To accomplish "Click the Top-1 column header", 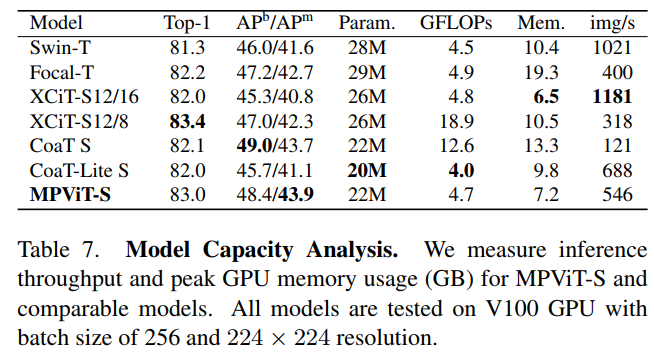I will pyautogui.click(x=187, y=23).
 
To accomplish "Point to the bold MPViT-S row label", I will pyautogui.click(x=71, y=193).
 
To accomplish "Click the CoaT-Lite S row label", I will pyautogui.click(x=79, y=169).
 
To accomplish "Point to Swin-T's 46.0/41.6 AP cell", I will pyautogui.click(x=272, y=47).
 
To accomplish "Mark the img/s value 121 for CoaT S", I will pyautogui.click(x=616, y=144).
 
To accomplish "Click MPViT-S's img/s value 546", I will pyautogui.click(x=616, y=193).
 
